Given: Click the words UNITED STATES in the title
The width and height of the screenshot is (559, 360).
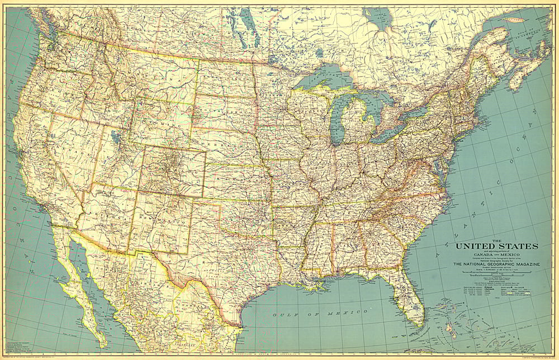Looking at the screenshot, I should click(496, 246).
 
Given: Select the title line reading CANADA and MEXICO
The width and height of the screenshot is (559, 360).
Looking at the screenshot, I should click(496, 255).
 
